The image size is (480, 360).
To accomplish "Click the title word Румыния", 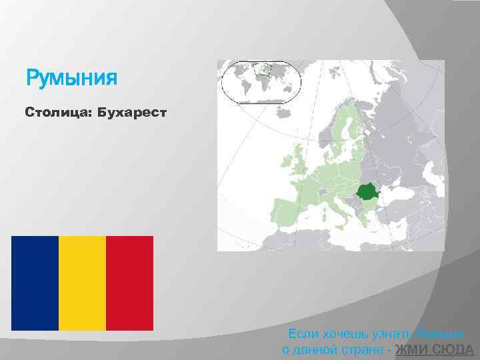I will pos(71,79).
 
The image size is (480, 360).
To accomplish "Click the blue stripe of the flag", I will pos(35,283).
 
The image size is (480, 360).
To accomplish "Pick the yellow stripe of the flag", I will pos(82,283).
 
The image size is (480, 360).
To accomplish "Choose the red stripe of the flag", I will pos(129,283).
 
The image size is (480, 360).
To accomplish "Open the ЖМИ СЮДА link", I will pos(435,351).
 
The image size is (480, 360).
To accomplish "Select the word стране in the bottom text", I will pos(367,351).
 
